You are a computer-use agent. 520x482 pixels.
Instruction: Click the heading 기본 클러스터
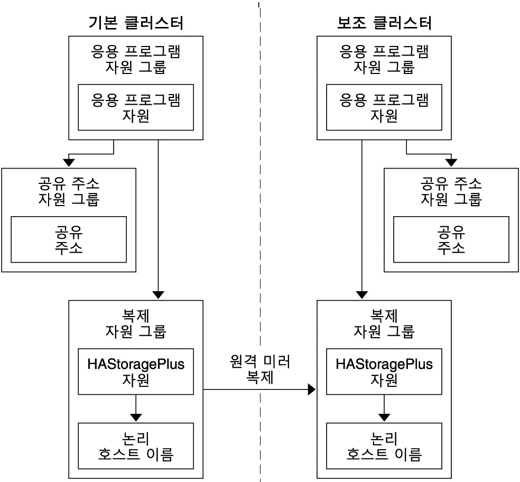(136, 23)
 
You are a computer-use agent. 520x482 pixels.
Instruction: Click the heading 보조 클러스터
(384, 23)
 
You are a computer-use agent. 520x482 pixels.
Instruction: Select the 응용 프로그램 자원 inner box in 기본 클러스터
(136, 107)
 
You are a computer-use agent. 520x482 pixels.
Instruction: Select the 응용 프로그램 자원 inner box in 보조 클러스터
(384, 107)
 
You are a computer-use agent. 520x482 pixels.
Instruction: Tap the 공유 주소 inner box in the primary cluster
(69, 239)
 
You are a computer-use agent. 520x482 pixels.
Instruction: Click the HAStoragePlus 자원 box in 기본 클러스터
(136, 372)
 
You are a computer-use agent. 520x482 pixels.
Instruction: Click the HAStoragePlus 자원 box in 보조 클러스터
(384, 372)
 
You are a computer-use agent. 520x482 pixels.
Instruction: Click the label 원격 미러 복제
(261, 370)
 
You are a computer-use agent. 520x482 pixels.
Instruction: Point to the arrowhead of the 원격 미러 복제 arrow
(312, 390)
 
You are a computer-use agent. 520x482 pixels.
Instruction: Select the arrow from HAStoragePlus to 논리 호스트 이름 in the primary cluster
(136, 408)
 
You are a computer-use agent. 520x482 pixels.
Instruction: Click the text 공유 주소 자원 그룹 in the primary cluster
(69, 192)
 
